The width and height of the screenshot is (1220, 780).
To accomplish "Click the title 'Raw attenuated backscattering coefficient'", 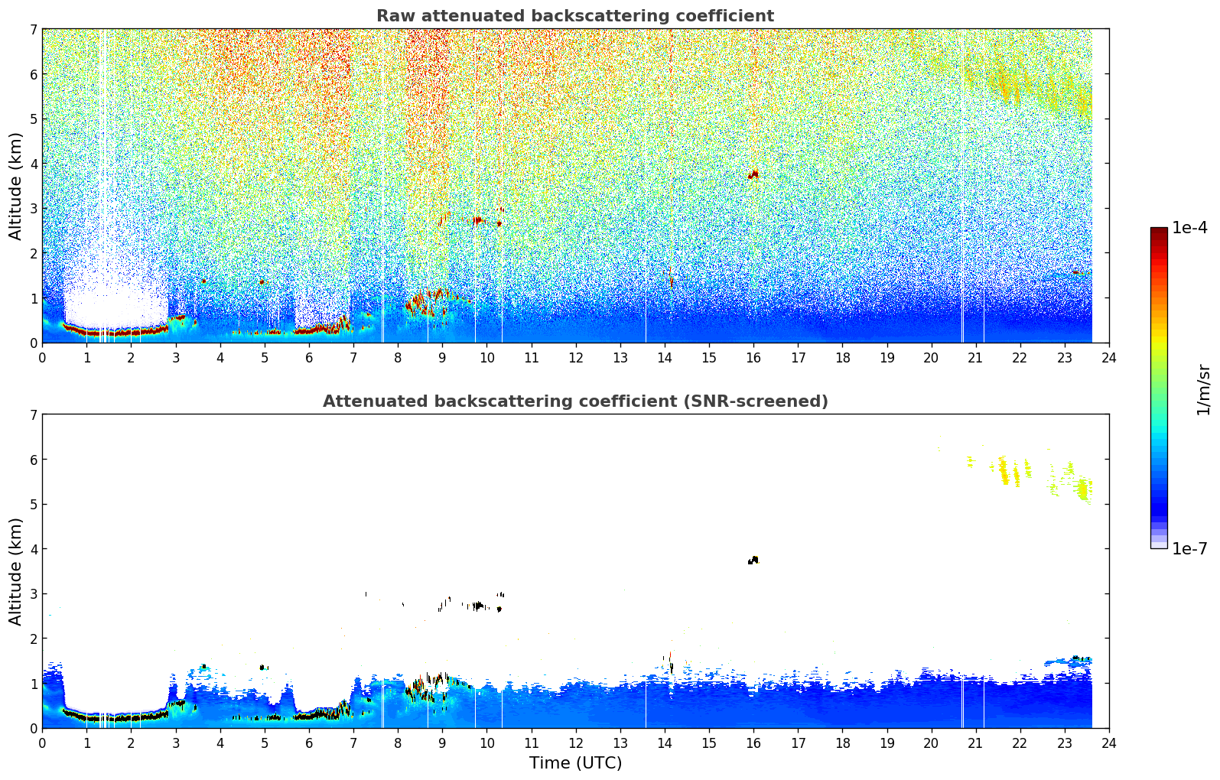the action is click(575, 16).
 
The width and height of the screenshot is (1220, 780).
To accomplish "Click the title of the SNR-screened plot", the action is click(575, 401).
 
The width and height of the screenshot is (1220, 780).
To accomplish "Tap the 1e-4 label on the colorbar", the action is click(1189, 227).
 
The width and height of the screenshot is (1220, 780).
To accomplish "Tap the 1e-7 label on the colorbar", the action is click(1189, 548).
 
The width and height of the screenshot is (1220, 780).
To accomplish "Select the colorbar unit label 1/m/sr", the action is click(1203, 390).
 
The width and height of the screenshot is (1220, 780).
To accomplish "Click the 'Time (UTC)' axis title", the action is click(575, 763).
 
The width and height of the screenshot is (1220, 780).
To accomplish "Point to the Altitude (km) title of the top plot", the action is click(15, 187).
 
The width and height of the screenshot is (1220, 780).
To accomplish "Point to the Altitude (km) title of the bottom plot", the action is click(15, 571).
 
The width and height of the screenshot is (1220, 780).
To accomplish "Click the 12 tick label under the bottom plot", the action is click(576, 743).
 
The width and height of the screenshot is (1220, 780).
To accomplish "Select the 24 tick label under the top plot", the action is click(1109, 358).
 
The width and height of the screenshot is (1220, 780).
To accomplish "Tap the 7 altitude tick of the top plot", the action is click(34, 29).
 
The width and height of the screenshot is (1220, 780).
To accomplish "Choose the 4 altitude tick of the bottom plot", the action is click(34, 549).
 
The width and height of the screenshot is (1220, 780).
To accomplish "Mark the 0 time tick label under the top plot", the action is click(43, 358).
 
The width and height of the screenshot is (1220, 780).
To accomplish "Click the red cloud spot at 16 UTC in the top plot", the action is click(753, 174).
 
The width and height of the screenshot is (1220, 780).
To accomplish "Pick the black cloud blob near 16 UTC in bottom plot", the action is click(753, 560).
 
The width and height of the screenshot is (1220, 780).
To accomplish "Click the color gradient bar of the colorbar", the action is click(1159, 388).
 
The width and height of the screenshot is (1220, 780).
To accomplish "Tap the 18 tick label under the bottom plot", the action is click(843, 743).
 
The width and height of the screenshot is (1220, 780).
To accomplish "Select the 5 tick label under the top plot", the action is click(265, 358).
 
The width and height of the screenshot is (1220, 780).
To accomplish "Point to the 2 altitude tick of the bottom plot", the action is click(34, 639).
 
